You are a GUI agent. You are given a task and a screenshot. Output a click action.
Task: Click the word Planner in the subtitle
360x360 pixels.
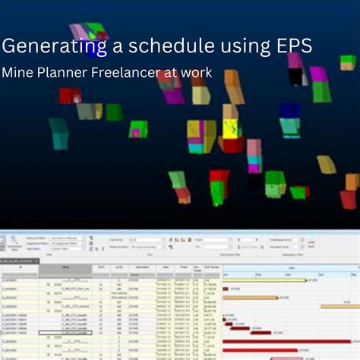[63, 74]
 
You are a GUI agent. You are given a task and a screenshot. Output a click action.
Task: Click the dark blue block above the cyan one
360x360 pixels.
[289, 111]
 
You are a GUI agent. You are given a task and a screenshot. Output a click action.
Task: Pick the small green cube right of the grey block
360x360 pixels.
[114, 112]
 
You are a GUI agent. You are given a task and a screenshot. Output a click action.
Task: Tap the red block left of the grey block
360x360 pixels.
[69, 96]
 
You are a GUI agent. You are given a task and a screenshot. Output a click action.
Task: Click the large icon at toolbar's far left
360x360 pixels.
[12, 245]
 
